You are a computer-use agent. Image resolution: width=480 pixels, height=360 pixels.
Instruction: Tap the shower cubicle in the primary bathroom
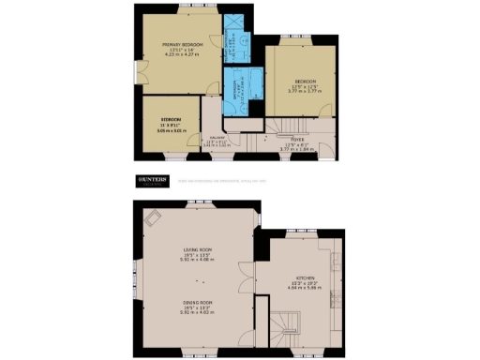tap(243, 41)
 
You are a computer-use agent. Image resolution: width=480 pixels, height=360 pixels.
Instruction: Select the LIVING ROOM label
tap(198, 248)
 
